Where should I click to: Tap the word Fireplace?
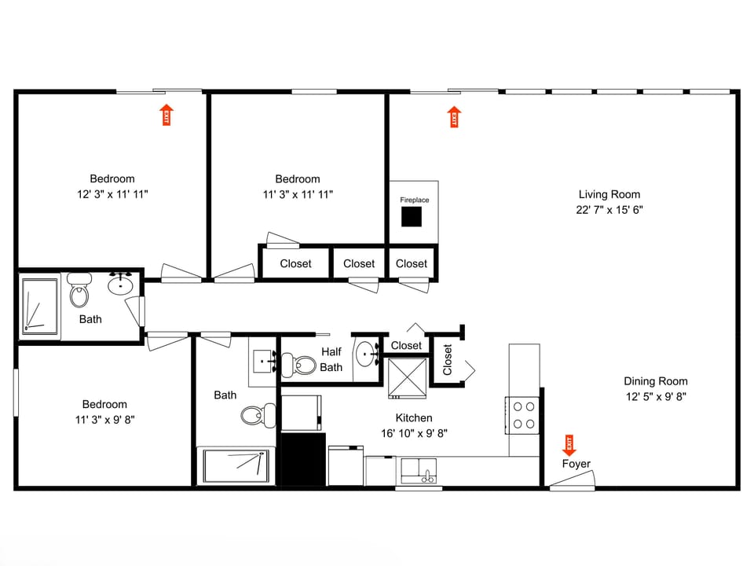tap(415, 200)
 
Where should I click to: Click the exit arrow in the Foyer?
tap(569, 446)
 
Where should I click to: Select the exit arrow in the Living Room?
tap(454, 117)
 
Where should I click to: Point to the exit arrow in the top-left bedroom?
tap(166, 115)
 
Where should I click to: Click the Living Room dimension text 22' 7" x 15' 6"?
tap(609, 210)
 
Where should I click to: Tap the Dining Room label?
tap(656, 381)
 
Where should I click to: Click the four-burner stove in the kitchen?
tap(524, 415)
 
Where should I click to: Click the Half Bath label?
tap(331, 359)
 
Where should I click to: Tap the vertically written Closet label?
tap(448, 360)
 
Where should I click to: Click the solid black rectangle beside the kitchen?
tap(303, 459)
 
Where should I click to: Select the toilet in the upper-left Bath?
tap(79, 292)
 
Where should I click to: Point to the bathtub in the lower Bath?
tap(235, 465)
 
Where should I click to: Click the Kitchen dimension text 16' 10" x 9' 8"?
tap(413, 432)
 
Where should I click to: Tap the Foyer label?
tap(576, 464)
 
